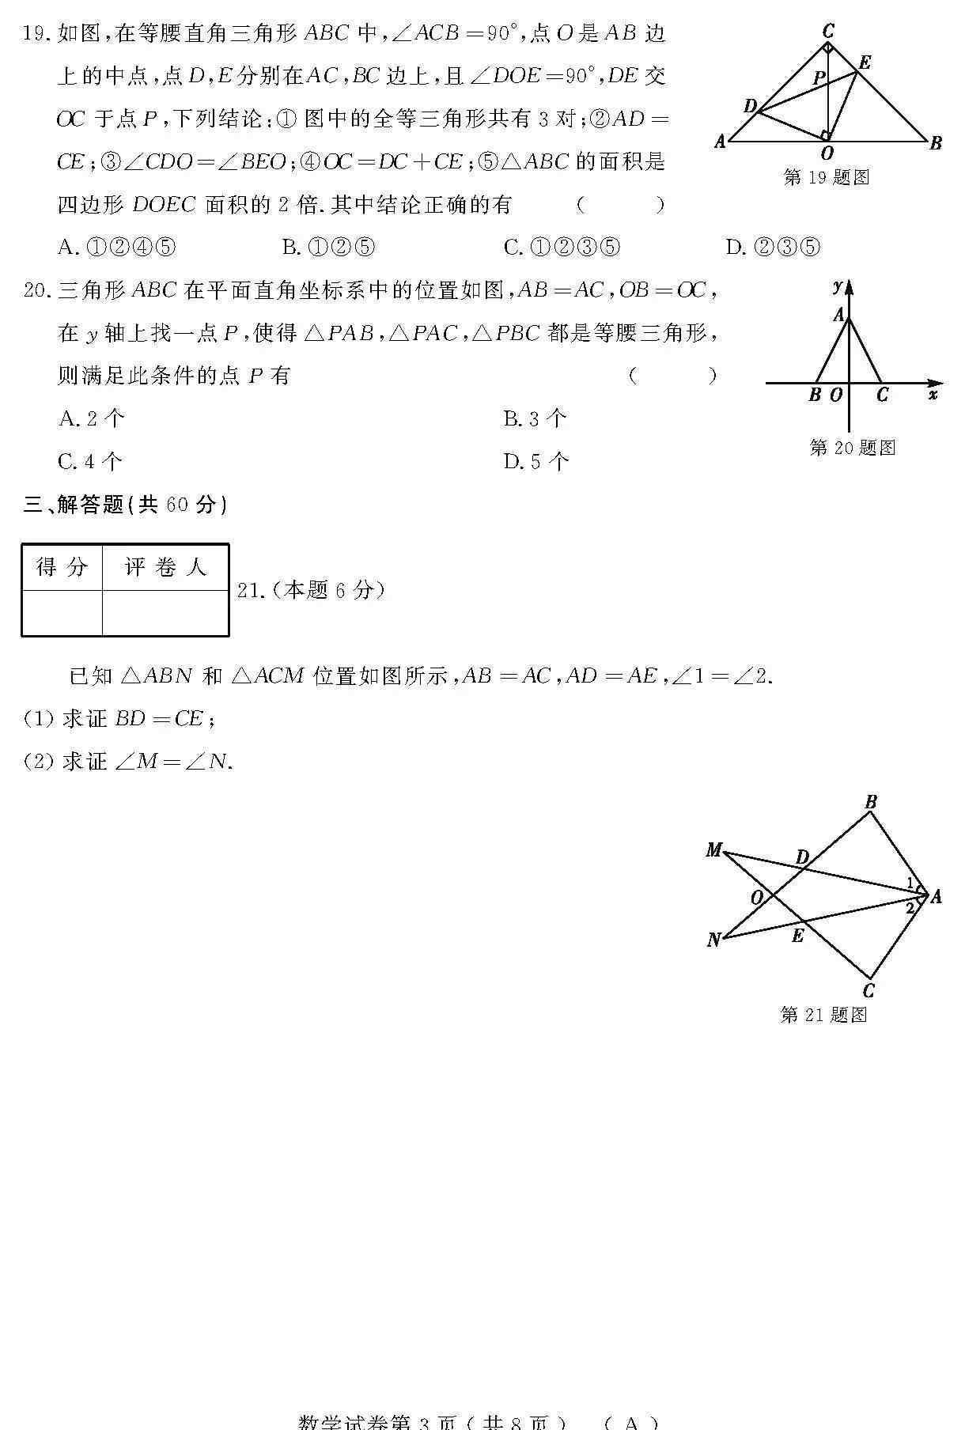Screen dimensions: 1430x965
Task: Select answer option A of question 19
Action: [x=116, y=248]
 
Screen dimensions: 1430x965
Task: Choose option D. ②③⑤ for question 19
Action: [x=773, y=248]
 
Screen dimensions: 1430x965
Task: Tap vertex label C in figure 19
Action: [x=828, y=31]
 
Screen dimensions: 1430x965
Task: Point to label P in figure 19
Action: [x=819, y=78]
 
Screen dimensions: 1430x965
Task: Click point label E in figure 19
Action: [x=865, y=63]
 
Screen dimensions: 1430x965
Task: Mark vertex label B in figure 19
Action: [x=936, y=143]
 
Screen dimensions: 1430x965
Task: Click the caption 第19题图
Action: [x=827, y=177]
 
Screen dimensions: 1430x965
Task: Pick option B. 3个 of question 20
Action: [x=535, y=418]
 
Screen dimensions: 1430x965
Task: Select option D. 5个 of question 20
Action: [x=535, y=461]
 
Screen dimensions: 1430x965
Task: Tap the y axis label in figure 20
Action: [x=838, y=286]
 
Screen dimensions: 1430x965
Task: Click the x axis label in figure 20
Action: [x=933, y=394]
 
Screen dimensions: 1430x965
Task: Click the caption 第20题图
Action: [x=852, y=448]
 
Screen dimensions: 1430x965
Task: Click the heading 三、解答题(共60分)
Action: [x=125, y=504]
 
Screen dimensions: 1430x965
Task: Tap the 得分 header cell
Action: [x=62, y=567]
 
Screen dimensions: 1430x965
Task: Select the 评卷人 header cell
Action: [x=165, y=567]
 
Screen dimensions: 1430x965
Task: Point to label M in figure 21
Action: [x=713, y=850]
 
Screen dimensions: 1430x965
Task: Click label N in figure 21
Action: [x=713, y=940]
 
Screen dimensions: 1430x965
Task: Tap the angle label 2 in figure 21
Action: [x=910, y=908]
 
